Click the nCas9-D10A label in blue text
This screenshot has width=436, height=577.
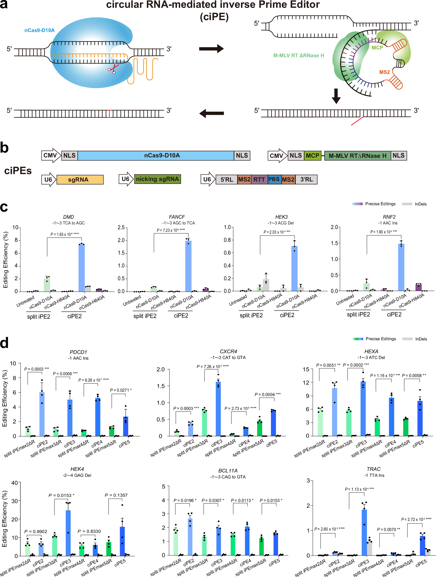tap(39, 30)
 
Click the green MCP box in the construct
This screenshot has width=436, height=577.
tap(312, 156)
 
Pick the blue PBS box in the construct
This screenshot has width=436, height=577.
tap(274, 179)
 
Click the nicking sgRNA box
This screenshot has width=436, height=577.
tap(157, 179)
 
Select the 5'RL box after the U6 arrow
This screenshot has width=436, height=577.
tap(227, 179)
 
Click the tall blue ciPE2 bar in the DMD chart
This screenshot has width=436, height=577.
tap(82, 267)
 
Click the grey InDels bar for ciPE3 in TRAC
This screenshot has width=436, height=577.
tap(369, 548)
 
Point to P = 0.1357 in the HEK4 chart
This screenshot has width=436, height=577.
tap(116, 495)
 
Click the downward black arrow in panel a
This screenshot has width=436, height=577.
tap(336, 96)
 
